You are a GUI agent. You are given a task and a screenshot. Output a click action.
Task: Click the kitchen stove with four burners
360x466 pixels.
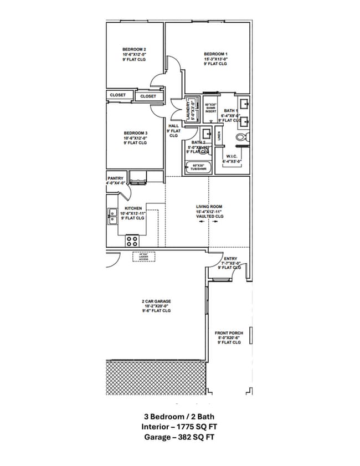click(132, 240)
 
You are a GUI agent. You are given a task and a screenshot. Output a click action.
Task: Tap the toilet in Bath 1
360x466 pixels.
click(241, 137)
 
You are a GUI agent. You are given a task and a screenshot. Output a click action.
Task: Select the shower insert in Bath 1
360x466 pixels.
click(210, 108)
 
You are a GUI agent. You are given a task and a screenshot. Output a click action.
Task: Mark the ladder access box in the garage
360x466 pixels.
click(143, 257)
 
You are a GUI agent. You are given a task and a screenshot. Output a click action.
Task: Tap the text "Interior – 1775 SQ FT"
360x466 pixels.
click(179, 426)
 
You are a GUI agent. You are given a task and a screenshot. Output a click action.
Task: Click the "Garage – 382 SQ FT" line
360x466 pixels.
click(179, 437)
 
